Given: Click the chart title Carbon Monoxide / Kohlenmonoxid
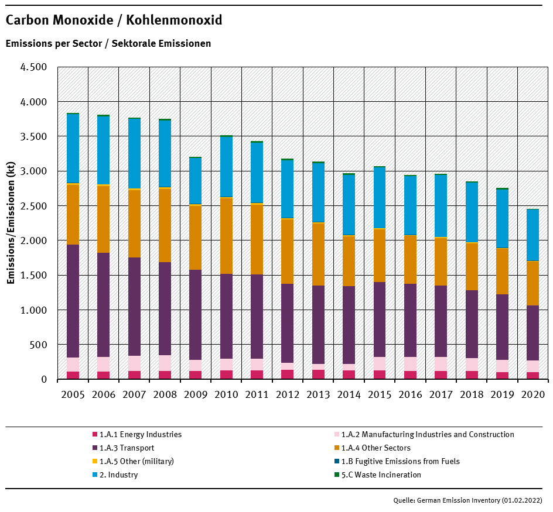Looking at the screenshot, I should click(114, 20).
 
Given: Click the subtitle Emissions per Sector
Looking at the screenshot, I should click(108, 43).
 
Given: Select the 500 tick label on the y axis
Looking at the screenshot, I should click(39, 345).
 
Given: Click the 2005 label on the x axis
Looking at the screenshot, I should click(73, 394).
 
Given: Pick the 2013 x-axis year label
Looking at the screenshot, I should click(318, 394).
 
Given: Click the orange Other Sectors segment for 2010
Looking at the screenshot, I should click(226, 236).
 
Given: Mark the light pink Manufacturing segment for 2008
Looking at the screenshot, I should click(165, 363).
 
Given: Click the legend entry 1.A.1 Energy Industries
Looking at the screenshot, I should click(140, 435).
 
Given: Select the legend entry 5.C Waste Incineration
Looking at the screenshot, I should click(381, 475).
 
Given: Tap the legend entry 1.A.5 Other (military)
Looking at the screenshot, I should click(136, 461).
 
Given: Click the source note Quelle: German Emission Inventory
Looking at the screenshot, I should click(467, 500).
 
